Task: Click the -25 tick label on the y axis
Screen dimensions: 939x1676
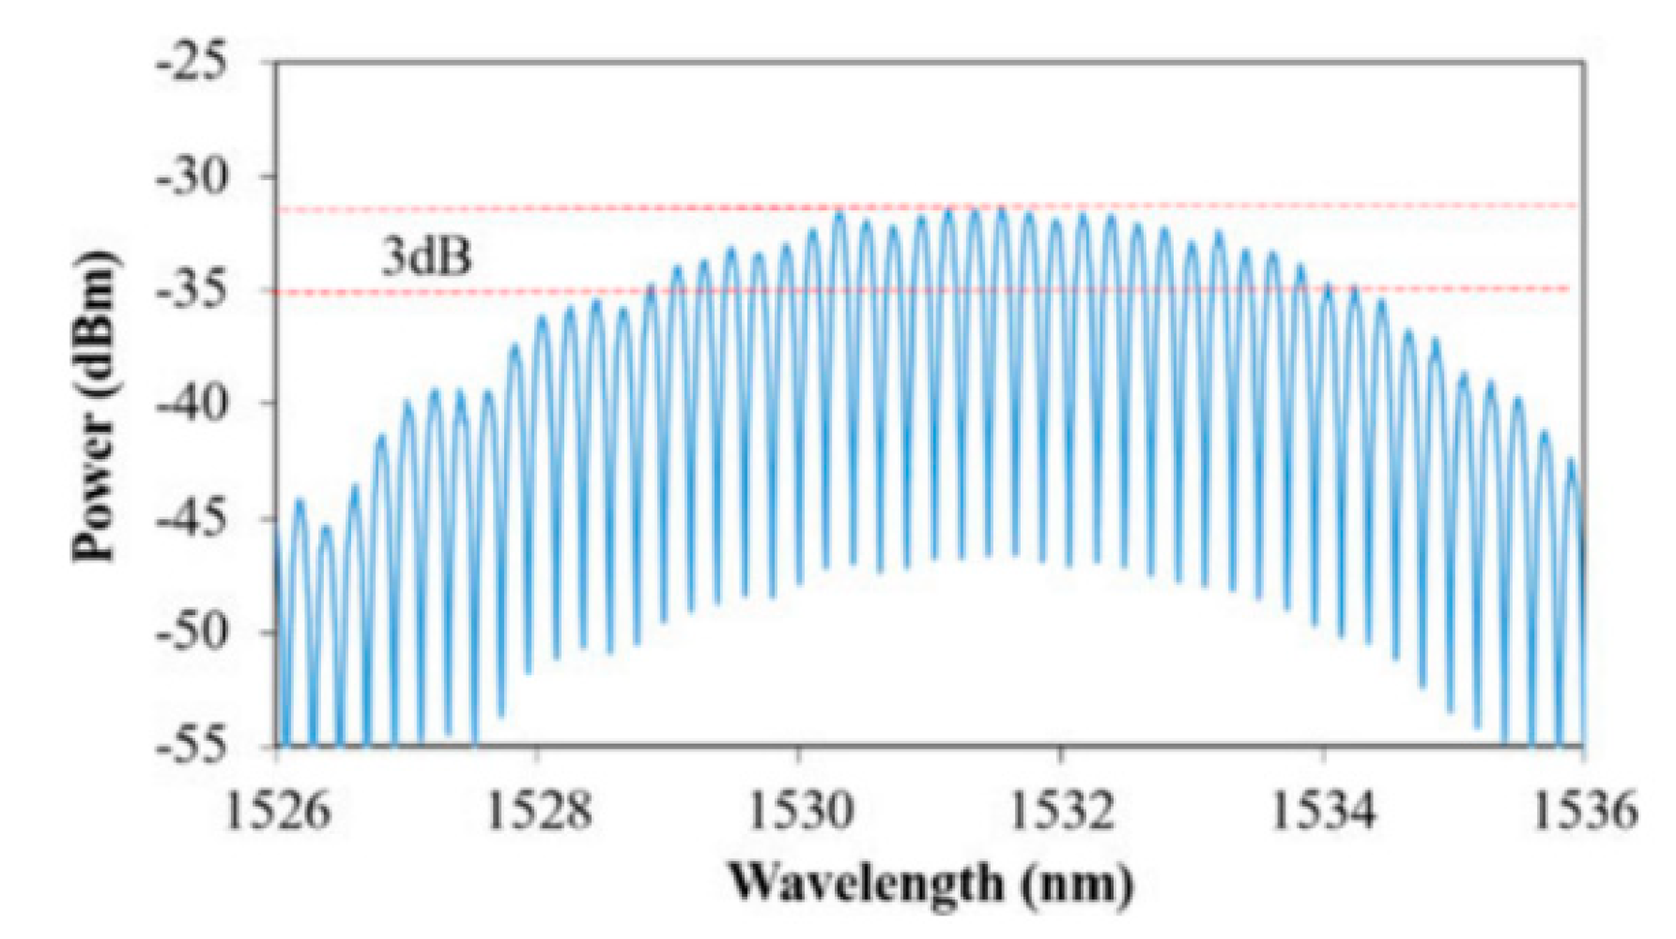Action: coord(192,64)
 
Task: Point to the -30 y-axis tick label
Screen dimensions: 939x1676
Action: coord(192,177)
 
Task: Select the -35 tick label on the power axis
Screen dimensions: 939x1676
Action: coord(192,292)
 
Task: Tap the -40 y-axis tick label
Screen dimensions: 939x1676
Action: coord(192,405)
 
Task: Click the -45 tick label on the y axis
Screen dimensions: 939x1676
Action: coord(192,519)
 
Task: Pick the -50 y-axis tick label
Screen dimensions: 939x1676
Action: coord(192,633)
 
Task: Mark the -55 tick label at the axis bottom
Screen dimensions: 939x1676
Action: coord(192,747)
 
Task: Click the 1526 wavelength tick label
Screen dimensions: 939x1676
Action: coord(279,809)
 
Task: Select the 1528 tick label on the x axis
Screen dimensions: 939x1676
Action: coord(539,809)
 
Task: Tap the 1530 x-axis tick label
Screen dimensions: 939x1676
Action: coord(800,809)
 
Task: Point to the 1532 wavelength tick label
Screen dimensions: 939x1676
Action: coord(1061,809)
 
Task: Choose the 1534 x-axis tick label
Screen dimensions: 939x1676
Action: coord(1323,809)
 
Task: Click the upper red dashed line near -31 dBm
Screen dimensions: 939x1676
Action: coord(563,208)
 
